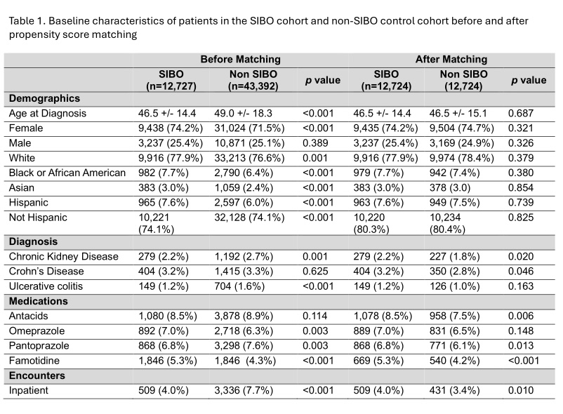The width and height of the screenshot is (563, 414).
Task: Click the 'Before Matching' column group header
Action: (241, 59)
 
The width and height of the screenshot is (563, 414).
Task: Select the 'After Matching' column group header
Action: (451, 59)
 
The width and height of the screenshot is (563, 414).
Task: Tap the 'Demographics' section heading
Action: (44, 98)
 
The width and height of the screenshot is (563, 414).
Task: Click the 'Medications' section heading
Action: (39, 301)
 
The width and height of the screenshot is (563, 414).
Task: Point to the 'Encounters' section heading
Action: (37, 375)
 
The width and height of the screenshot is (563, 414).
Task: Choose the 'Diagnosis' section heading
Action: (33, 241)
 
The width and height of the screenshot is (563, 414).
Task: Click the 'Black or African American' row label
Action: (67, 173)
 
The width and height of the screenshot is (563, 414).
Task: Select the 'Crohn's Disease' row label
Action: (46, 272)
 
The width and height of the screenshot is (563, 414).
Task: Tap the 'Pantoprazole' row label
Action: (39, 346)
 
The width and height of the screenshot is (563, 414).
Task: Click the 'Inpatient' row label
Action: (28, 390)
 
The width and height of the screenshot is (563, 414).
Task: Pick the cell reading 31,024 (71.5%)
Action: (249, 128)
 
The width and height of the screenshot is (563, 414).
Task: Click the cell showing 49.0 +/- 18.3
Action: (243, 114)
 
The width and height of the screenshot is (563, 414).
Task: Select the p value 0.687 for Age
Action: (521, 114)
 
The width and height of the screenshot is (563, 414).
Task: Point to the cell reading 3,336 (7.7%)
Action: (244, 390)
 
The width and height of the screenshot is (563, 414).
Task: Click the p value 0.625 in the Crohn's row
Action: (315, 272)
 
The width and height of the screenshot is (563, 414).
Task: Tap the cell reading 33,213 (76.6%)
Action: (249, 158)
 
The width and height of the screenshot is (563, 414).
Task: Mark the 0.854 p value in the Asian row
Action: (521, 187)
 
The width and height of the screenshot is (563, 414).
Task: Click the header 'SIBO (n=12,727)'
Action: (171, 80)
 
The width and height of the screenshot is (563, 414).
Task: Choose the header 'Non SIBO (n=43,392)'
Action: (253, 80)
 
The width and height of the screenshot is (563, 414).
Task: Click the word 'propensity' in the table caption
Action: (30, 35)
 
